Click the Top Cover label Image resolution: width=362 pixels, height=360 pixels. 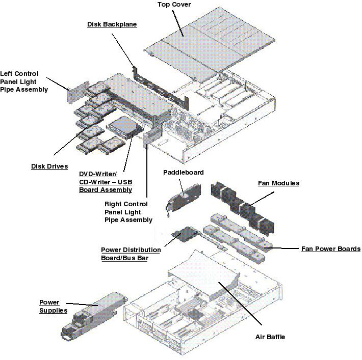(174, 5)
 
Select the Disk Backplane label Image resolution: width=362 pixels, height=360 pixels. (112, 24)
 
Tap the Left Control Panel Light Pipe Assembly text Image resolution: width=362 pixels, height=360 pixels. (24, 81)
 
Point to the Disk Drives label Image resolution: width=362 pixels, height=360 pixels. (49, 166)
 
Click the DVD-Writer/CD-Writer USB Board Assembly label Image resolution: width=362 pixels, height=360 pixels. (105, 182)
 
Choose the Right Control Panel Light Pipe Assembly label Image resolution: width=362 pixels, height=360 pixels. (128, 212)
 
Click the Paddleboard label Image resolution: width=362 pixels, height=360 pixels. (183, 172)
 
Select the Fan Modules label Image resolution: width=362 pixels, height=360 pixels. (278, 183)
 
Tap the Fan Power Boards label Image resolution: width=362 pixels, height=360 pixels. (331, 249)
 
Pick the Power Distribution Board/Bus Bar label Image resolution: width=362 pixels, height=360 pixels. (131, 254)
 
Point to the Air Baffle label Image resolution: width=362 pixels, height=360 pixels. (270, 337)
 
